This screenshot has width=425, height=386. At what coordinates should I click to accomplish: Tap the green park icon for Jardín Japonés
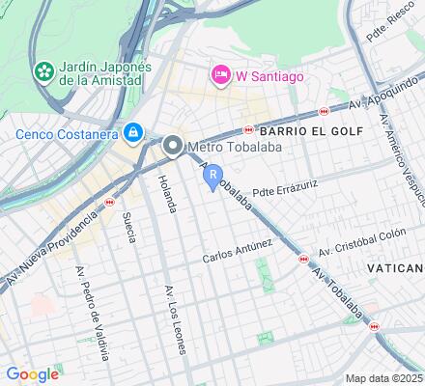click(x=43, y=72)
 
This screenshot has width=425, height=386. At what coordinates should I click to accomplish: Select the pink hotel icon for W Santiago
click(x=221, y=74)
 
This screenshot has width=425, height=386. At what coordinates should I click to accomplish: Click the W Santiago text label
click(x=272, y=74)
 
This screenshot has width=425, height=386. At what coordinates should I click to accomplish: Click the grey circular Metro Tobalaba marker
click(x=174, y=147)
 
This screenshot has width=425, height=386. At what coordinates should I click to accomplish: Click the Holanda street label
click(x=167, y=192)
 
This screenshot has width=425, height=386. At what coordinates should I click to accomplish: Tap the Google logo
click(x=32, y=374)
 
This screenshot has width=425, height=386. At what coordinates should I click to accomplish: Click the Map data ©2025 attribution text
click(x=384, y=378)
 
